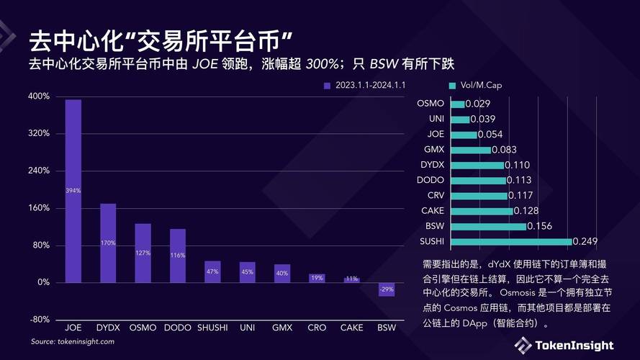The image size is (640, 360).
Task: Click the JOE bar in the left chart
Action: (x=73, y=191)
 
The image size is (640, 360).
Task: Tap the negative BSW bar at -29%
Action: (x=387, y=289)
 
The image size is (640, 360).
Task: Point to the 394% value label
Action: (x=73, y=191)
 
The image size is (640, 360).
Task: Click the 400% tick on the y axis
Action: (x=39, y=96)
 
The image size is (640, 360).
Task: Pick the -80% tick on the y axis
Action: (x=39, y=320)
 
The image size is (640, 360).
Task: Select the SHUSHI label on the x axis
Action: (x=212, y=328)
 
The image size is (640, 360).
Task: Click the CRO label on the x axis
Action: (x=317, y=328)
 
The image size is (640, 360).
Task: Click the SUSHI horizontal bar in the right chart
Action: (x=511, y=241)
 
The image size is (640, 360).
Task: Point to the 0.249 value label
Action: (x=586, y=241)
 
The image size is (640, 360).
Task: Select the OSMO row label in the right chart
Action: (x=431, y=104)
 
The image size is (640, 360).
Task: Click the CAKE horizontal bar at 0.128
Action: (x=482, y=211)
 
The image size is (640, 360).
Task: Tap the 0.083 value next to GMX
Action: (x=505, y=150)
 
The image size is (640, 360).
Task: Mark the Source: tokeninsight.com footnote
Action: (x=72, y=341)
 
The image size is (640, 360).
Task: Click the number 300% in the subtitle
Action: (x=322, y=63)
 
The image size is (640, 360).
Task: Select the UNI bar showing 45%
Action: (x=247, y=272)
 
